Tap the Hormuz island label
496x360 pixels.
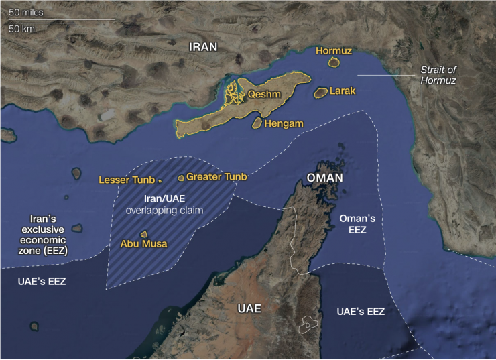[334, 51]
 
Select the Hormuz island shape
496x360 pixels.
[334, 62]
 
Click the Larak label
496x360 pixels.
[343, 91]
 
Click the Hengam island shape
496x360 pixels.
[256, 123]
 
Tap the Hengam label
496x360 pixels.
[284, 124]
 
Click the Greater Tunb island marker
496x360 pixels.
[180, 178]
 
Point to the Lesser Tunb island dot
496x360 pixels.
[160, 181]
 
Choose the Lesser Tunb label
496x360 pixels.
[127, 180]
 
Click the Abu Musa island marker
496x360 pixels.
[143, 235]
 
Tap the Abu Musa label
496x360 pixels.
[143, 244]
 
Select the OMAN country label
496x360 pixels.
[324, 178]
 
